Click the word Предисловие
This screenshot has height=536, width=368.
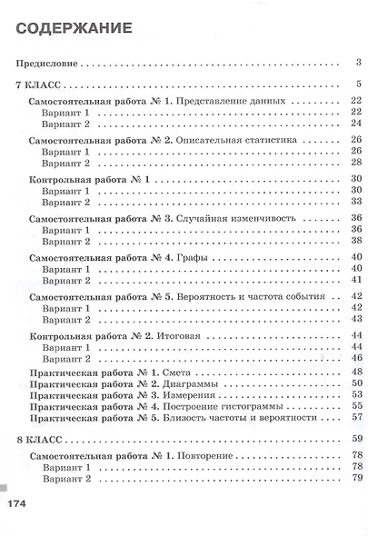click(46, 64)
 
